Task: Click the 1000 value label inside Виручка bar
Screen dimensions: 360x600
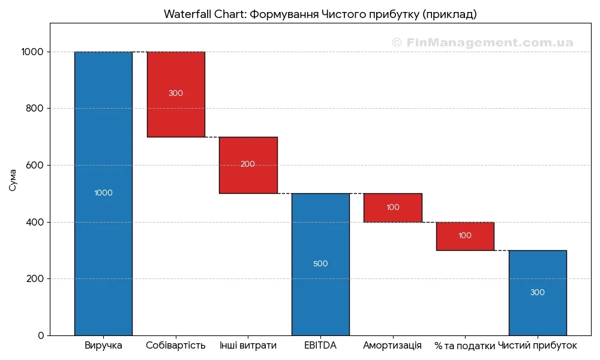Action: [x=103, y=193]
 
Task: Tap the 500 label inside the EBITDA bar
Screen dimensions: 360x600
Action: [x=320, y=264]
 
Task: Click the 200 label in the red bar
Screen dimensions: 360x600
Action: [x=248, y=164]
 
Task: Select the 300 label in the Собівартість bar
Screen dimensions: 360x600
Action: [x=176, y=94]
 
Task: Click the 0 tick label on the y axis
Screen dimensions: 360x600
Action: [x=41, y=335]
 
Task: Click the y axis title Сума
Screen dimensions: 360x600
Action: [x=13, y=180]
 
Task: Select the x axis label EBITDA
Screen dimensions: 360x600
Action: [x=320, y=346]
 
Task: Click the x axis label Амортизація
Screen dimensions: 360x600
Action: [x=392, y=346]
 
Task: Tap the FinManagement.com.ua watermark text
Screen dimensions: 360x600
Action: [x=482, y=43]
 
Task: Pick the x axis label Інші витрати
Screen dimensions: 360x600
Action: [x=248, y=346]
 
